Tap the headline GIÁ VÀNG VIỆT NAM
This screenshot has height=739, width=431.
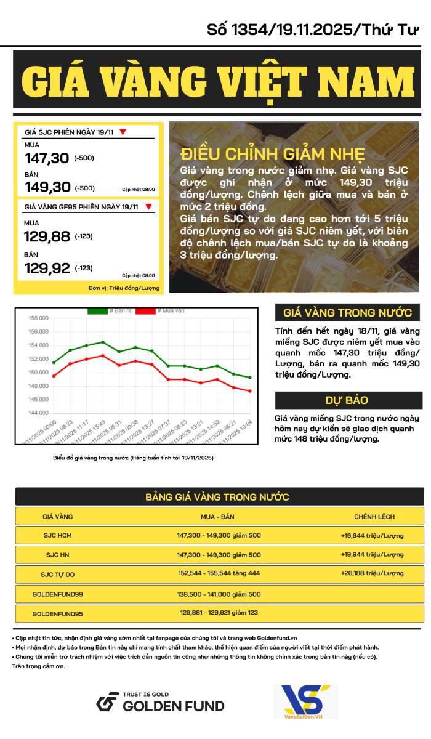(218, 80)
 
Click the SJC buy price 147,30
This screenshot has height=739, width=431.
(47, 158)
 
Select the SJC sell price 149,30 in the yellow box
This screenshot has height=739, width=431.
(47, 187)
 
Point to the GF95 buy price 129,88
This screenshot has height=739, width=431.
(47, 236)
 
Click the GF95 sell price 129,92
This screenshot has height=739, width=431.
(47, 268)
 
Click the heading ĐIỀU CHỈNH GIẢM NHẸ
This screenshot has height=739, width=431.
(273, 154)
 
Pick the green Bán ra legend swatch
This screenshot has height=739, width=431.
(97, 310)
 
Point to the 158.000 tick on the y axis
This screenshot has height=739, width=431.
(38, 318)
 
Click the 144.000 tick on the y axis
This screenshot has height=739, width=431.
(38, 413)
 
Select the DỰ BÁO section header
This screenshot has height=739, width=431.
(347, 400)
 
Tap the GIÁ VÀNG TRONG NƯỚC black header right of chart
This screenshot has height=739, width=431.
(347, 312)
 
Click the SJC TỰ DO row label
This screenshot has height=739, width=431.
(58, 575)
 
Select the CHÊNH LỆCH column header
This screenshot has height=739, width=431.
(374, 517)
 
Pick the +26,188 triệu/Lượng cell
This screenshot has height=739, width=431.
(372, 575)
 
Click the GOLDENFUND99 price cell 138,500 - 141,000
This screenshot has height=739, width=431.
(219, 594)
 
